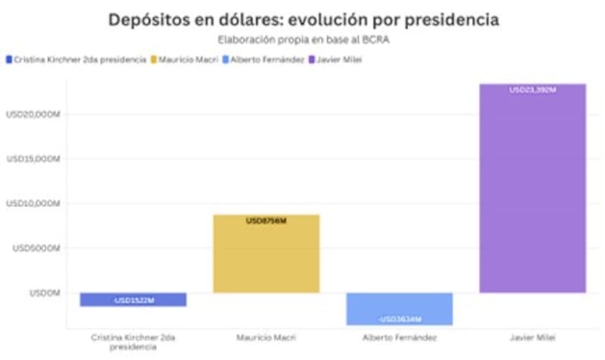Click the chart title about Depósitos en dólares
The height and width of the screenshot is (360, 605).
303,20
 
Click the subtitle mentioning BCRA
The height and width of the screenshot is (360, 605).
303,39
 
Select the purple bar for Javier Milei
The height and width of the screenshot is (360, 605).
532,189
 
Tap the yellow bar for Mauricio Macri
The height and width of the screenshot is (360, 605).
266,254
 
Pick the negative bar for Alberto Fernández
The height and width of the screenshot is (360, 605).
399,309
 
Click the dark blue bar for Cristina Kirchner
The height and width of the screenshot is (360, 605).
133,299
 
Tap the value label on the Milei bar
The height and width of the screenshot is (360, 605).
532,90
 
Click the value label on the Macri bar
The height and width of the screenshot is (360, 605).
266,221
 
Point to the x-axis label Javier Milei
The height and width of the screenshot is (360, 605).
532,337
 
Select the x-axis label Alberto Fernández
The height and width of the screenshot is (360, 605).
399,337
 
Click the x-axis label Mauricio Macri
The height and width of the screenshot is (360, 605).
266,337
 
